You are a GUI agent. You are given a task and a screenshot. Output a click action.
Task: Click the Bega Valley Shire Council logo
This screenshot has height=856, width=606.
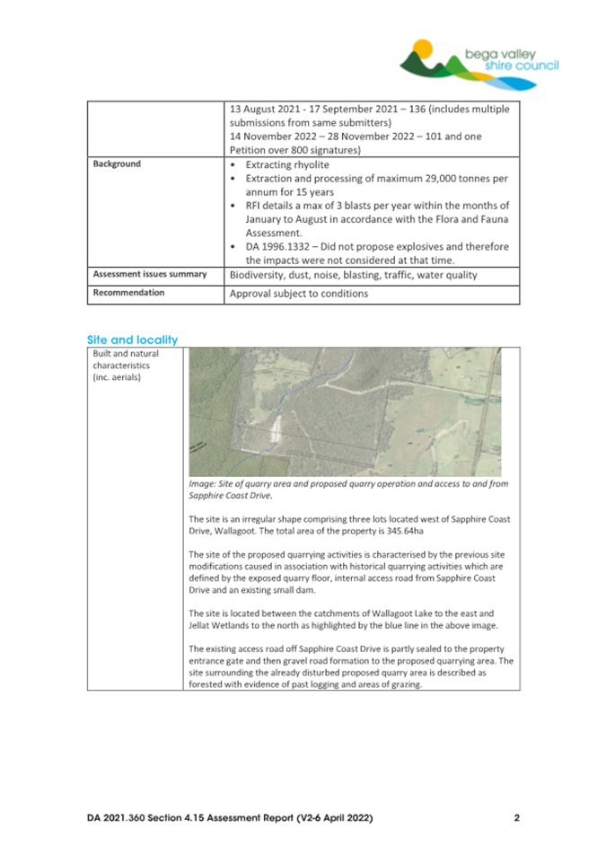pyautogui.click(x=481, y=63)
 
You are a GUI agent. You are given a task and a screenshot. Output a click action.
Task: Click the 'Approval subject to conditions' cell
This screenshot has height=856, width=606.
pyautogui.click(x=299, y=294)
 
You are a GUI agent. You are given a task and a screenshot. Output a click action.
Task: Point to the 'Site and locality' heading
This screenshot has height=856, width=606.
pyautogui.click(x=133, y=340)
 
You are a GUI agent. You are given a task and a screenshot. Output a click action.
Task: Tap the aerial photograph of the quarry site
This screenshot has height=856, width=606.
pyautogui.click(x=346, y=410)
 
